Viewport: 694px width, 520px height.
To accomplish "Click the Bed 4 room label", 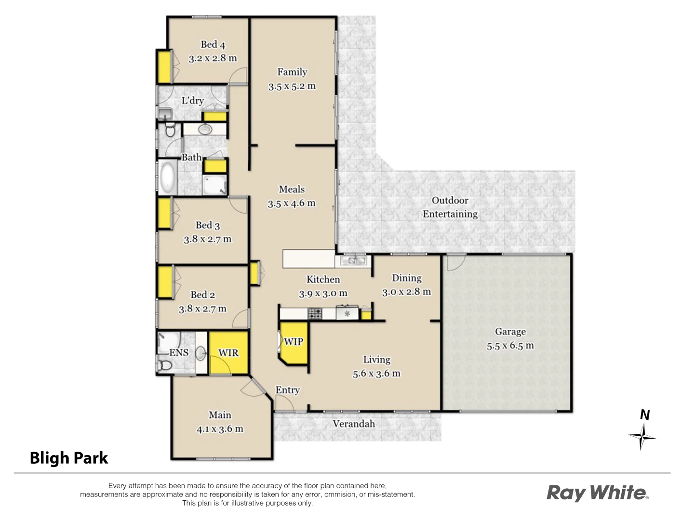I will [213, 45].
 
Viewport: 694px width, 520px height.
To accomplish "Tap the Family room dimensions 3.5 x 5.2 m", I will [292, 86].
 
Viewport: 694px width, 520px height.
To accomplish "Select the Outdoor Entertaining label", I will [450, 208].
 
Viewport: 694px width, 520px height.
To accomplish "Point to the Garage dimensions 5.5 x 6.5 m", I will [510, 346].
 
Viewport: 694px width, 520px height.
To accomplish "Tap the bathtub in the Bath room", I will [168, 177].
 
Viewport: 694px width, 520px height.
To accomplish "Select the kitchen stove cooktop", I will [315, 314].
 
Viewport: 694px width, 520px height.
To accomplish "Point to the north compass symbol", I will [642, 436].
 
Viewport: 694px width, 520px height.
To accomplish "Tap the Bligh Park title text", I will [69, 458].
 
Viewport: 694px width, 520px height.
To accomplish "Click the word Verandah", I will [354, 424].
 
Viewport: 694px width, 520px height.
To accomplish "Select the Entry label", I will [287, 390].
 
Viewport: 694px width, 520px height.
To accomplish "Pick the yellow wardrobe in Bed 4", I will [164, 66].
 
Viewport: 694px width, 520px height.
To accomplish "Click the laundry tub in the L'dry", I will [164, 114].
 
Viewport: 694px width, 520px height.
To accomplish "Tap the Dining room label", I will [406, 278].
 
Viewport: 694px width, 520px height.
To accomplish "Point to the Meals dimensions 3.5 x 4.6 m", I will [292, 203].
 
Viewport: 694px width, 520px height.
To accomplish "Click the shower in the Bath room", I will [214, 185].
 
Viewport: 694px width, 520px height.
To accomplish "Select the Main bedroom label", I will [220, 415].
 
